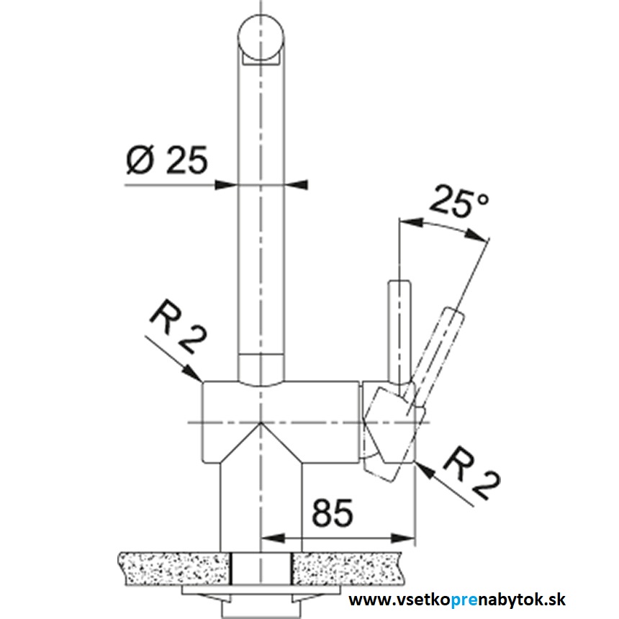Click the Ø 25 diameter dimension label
pos(166,161)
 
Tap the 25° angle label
pos(459,202)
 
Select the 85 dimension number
pos(333,512)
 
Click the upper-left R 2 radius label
pos(178,327)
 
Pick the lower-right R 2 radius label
pos(471,474)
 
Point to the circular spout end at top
pos(261,37)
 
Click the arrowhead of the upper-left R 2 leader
pos(194,373)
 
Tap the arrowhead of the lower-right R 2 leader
pos(425,470)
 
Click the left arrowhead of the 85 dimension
pos(273,538)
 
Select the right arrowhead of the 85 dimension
pos(403,538)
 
